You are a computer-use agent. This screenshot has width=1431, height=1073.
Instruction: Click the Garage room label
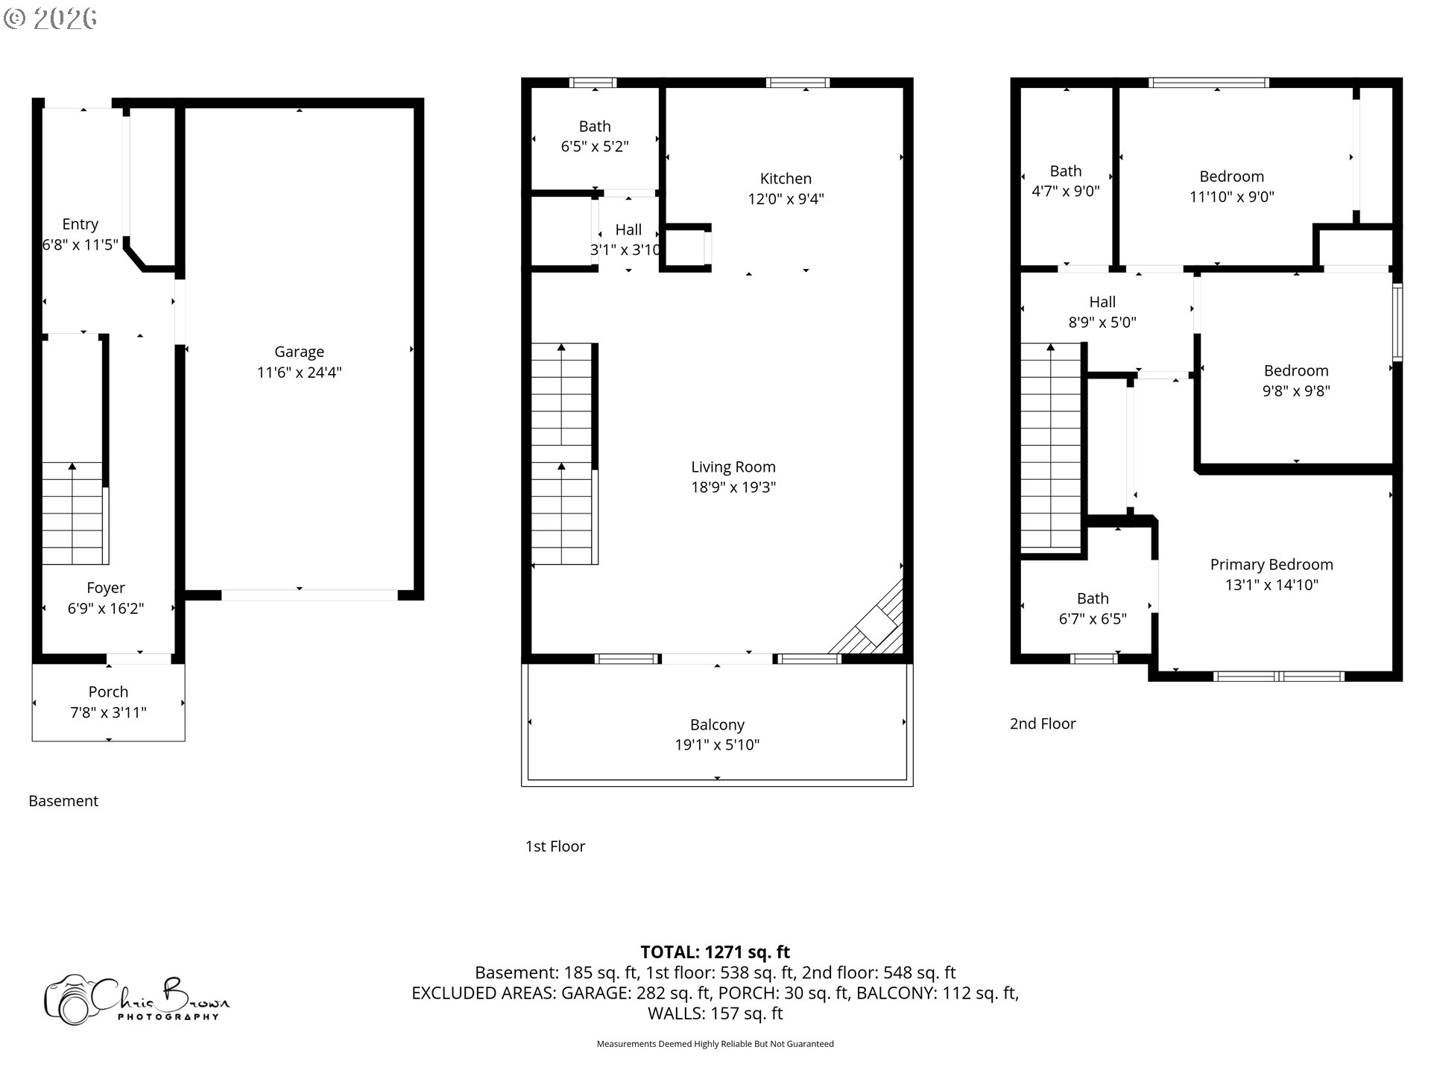[299, 352]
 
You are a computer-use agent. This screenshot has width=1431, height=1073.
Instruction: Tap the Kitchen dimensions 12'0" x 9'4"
[786, 199]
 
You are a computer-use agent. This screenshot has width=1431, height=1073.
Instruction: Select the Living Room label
[733, 467]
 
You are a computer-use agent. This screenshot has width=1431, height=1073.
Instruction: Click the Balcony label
[717, 725]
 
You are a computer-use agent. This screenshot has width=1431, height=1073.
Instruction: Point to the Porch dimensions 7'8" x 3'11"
[108, 712]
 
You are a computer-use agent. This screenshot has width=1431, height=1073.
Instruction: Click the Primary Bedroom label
[1271, 565]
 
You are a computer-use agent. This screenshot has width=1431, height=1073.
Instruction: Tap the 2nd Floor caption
[1042, 724]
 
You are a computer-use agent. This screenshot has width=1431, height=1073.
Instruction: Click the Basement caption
[63, 801]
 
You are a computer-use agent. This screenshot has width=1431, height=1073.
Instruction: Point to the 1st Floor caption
[555, 846]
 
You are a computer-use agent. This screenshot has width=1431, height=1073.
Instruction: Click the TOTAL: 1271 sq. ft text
[715, 952]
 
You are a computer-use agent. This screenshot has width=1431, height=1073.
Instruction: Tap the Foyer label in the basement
[105, 588]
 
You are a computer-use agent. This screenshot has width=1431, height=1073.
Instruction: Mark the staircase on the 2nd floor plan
[1050, 447]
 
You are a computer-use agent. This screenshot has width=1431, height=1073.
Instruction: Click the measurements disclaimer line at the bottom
[715, 1044]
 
